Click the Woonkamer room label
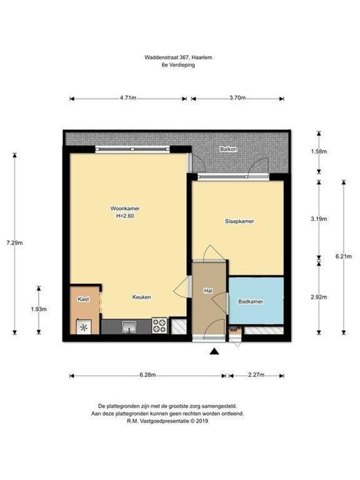click(125, 209)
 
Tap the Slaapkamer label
click(239, 221)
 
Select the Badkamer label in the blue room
click(251, 301)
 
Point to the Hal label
click(208, 291)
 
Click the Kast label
click(83, 299)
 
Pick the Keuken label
click(141, 297)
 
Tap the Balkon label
click(229, 149)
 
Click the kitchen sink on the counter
click(129, 327)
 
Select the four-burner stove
click(160, 326)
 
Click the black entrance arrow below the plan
click(214, 352)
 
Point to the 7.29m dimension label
click(15, 243)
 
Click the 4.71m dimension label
click(128, 98)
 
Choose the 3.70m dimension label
click(237, 98)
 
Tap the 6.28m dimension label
click(148, 375)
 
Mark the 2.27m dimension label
click(256, 375)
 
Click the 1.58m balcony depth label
click(319, 151)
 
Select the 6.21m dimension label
click(344, 256)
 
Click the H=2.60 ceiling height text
click(125, 216)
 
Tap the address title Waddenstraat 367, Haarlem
click(178, 57)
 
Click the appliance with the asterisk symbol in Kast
click(83, 327)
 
